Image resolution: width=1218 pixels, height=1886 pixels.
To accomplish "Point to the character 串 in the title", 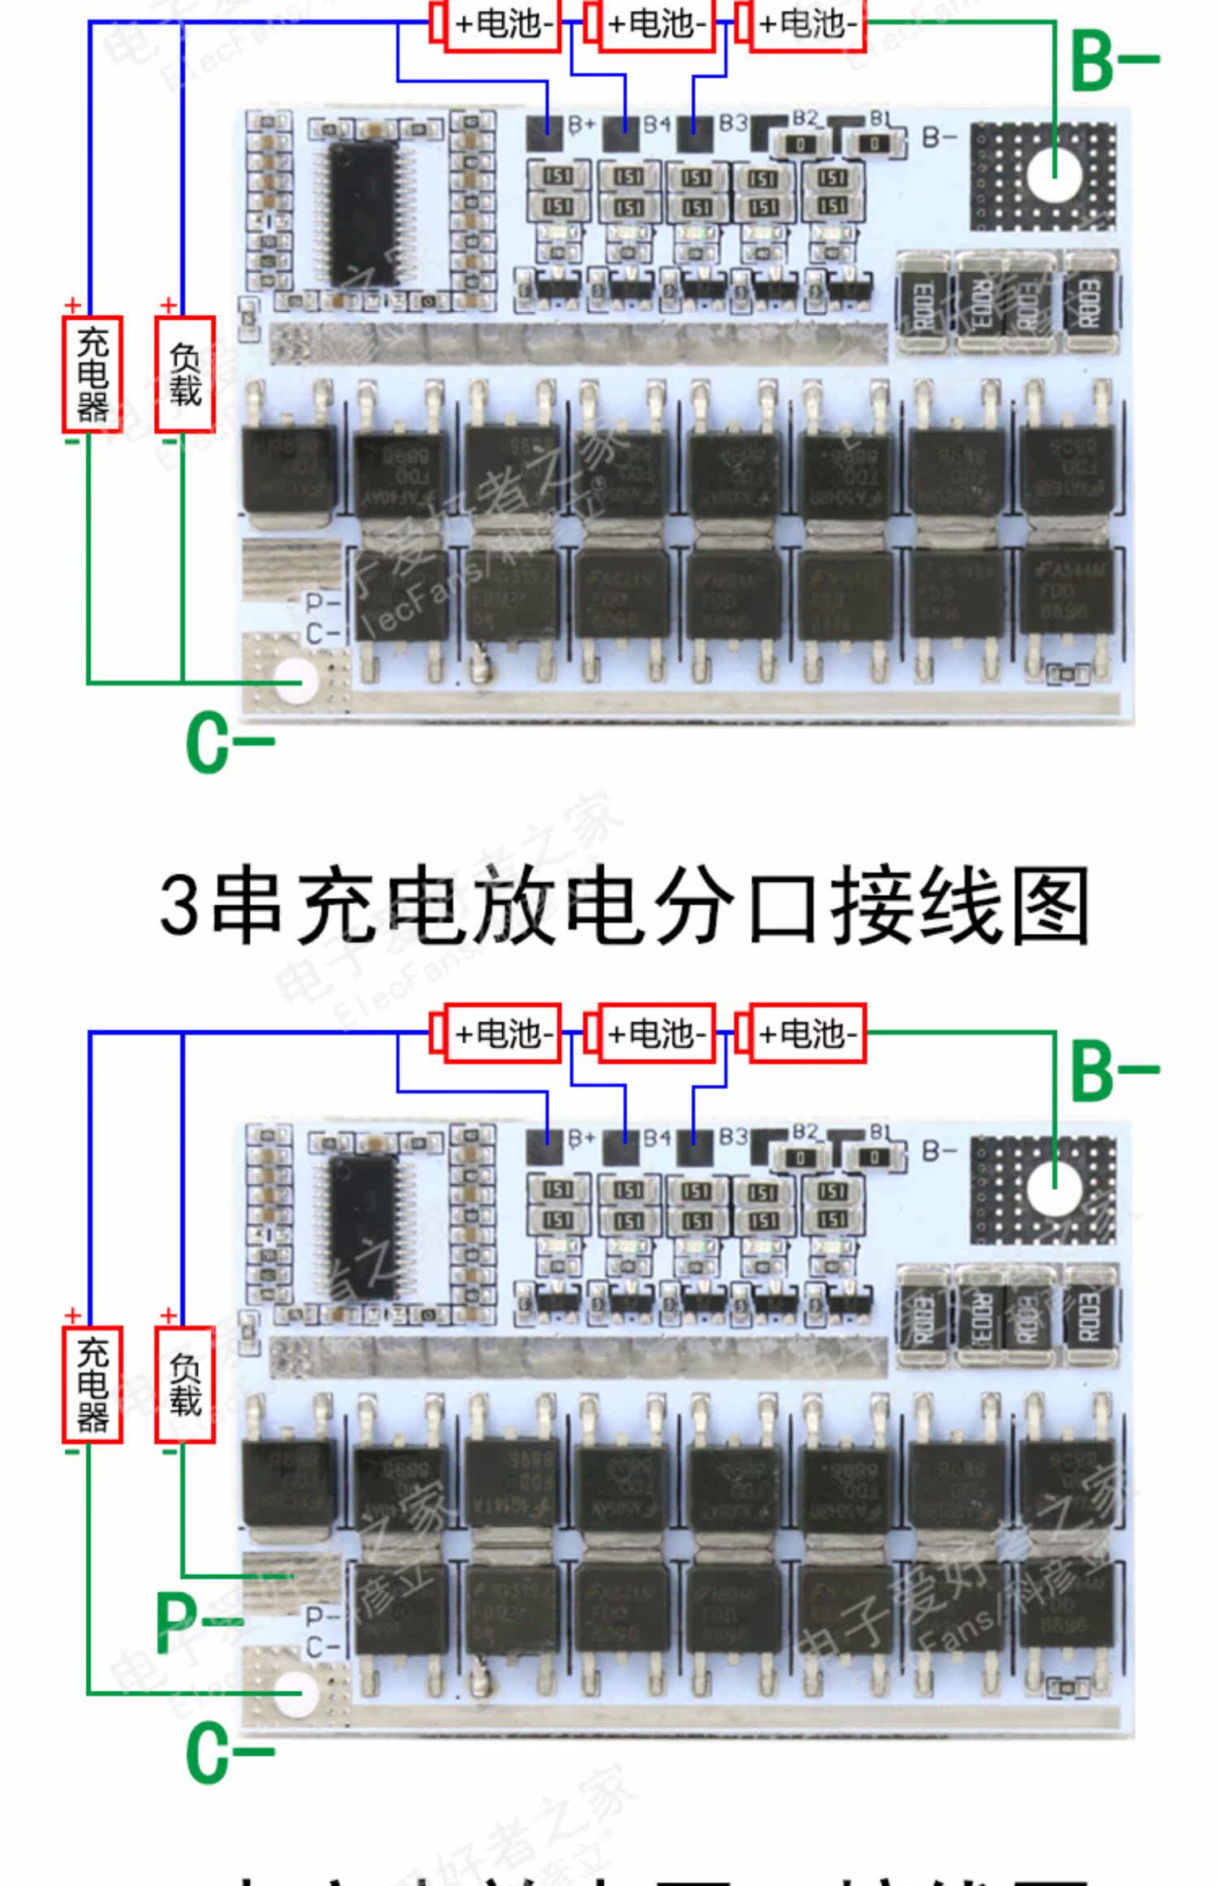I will tap(246, 905).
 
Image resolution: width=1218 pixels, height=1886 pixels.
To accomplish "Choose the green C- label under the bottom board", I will tap(228, 1752).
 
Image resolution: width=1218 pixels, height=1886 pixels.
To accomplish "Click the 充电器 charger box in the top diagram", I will tap(93, 374).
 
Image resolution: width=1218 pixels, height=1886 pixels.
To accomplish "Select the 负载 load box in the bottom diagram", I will tap(185, 1384).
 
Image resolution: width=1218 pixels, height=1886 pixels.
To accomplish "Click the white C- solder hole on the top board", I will tap(298, 679).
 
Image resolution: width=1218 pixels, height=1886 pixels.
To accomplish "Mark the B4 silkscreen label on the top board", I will tap(657, 124).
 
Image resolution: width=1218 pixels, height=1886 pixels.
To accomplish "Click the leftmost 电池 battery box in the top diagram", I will tap(502, 24).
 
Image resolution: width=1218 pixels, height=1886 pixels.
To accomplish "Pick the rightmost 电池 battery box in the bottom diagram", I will tap(807, 1034).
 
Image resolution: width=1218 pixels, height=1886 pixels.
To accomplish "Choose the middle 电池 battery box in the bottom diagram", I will tap(655, 1034).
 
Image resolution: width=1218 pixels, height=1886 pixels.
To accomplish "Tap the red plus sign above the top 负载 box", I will tap(168, 305).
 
